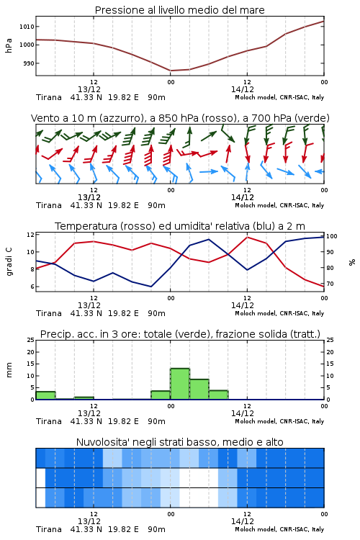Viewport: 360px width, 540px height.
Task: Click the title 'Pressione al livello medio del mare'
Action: pyautogui.click(x=179, y=10)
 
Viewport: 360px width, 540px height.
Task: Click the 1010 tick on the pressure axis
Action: pyautogui.click(x=27, y=27)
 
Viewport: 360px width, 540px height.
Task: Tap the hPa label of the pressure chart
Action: pyautogui.click(x=9, y=45)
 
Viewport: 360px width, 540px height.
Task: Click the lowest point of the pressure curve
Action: pyautogui.click(x=171, y=71)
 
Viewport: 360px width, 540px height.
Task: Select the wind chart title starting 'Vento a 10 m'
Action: pyautogui.click(x=180, y=118)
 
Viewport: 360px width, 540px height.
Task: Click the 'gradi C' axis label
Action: pyautogui.click(x=9, y=261)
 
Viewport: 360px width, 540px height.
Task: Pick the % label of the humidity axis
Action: pyautogui.click(x=352, y=262)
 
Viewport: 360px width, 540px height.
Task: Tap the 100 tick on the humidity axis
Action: pyautogui.click(x=332, y=236)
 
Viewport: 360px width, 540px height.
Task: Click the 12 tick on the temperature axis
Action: pyautogui.click(x=30, y=235)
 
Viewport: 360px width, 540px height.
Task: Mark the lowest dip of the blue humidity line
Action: pyautogui.click(x=151, y=287)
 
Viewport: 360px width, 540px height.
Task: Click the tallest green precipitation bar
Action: pyautogui.click(x=180, y=384)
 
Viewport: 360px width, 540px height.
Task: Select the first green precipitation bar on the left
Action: pyautogui.click(x=45, y=395)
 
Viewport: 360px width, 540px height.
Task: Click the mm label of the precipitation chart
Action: pyautogui.click(x=9, y=370)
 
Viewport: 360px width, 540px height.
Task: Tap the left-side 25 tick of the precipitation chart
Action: pyautogui.click(x=30, y=340)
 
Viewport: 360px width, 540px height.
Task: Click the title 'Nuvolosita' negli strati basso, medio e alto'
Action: pyautogui.click(x=179, y=442)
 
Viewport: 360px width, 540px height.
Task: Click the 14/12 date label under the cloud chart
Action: pyautogui.click(x=243, y=521)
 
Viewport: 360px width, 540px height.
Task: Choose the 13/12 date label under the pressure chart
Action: pyautogui.click(x=89, y=89)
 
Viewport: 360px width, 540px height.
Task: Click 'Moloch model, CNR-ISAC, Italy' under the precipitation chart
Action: pyautogui.click(x=279, y=421)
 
